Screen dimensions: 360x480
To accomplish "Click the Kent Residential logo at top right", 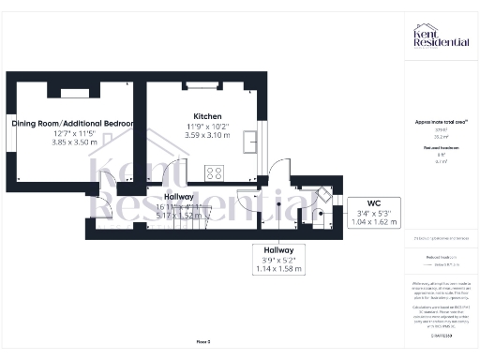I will [x=440, y=37].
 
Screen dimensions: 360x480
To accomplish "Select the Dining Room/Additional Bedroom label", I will [x=72, y=124].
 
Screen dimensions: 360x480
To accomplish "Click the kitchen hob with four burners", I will [x=216, y=172].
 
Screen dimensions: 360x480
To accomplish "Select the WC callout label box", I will [x=372, y=213].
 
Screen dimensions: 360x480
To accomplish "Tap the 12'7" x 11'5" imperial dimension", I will [x=72, y=133].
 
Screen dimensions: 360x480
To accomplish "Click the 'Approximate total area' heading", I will [x=440, y=122].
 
